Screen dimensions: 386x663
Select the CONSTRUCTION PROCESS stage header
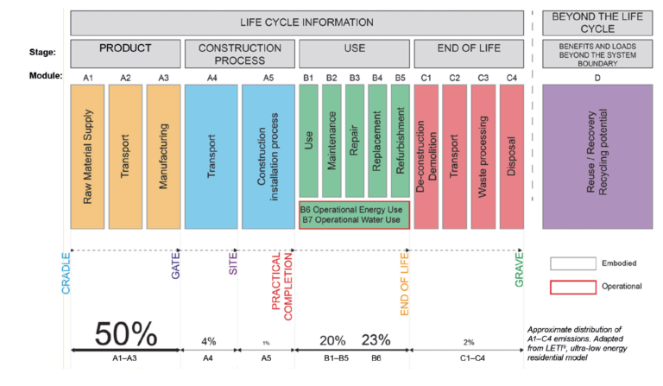(239, 54)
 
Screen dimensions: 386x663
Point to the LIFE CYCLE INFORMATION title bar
(297, 21)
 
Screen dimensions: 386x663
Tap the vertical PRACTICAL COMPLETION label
(283, 286)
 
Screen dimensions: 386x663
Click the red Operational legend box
(572, 286)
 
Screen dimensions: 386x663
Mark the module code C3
(483, 77)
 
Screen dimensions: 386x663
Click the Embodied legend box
(572, 263)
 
